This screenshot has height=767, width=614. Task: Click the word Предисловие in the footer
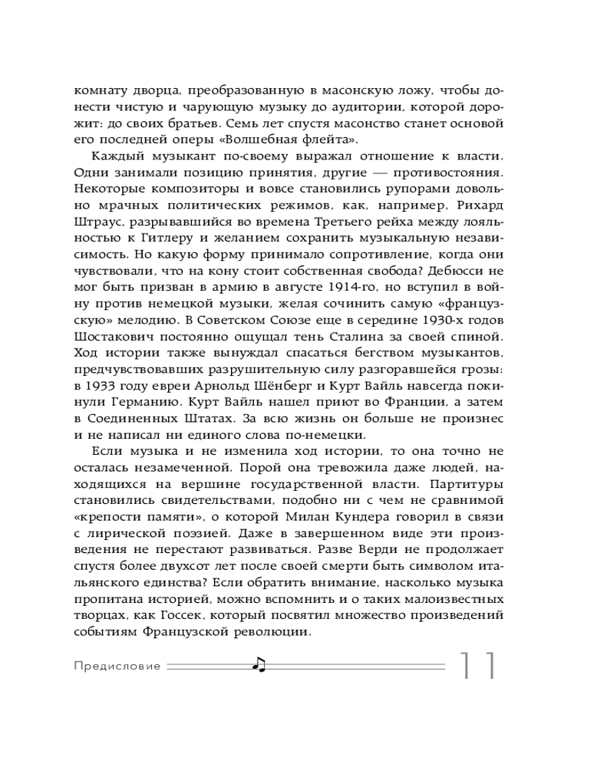[x=117, y=667]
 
